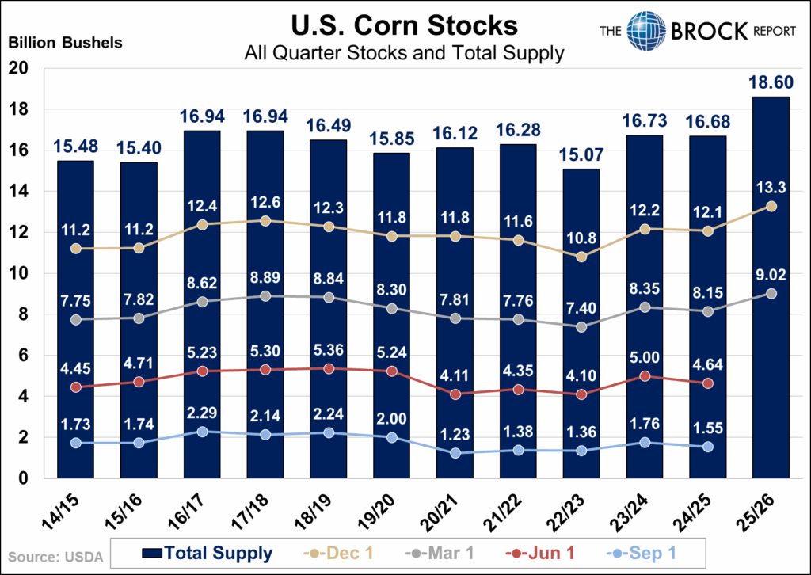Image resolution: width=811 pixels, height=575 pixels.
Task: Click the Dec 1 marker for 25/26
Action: [771, 207]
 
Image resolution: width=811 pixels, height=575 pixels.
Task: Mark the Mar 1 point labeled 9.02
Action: [771, 293]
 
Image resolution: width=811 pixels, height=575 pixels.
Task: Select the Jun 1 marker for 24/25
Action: [708, 383]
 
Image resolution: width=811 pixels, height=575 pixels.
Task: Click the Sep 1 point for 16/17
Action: [203, 432]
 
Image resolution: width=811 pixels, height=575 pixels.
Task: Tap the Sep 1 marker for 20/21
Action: [455, 453]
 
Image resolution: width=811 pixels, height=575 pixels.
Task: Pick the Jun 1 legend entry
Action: [539, 554]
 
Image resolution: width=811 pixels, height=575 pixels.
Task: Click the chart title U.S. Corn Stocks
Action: [405, 25]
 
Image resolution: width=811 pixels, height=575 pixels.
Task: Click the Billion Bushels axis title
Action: [66, 42]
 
